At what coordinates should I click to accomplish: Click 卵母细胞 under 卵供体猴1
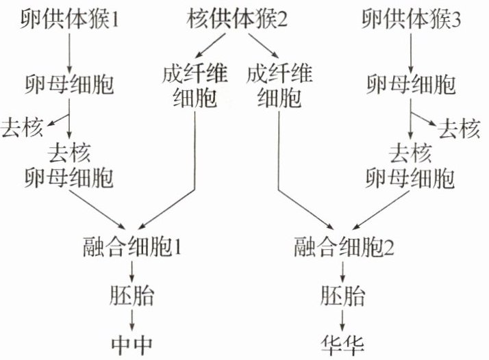pyautogui.click(x=69, y=86)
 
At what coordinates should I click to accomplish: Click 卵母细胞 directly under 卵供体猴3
pyautogui.click(x=410, y=86)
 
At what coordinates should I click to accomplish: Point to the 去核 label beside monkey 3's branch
pyautogui.click(x=458, y=128)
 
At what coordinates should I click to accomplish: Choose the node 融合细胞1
pyautogui.click(x=131, y=244)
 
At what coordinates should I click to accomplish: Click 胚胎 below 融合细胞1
pyautogui.click(x=130, y=297)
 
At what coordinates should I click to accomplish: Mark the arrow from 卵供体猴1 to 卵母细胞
pyautogui.click(x=69, y=51)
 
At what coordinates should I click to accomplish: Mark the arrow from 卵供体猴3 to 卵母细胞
pyautogui.click(x=410, y=51)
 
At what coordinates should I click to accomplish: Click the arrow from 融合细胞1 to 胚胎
pyautogui.click(x=130, y=270)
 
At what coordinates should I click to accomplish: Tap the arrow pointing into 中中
pyautogui.click(x=130, y=320)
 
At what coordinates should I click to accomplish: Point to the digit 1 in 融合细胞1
pyautogui.click(x=176, y=244)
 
